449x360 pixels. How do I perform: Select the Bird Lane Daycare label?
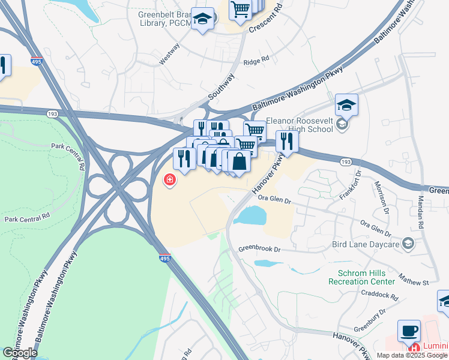pos(366,244)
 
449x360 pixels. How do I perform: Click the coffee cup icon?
pos(409,331)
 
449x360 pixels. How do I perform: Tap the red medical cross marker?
pos(170,179)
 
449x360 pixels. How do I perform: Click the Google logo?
pos(19,353)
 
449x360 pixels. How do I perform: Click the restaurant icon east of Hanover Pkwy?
pos(287,142)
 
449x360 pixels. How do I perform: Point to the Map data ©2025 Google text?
pos(412,355)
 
